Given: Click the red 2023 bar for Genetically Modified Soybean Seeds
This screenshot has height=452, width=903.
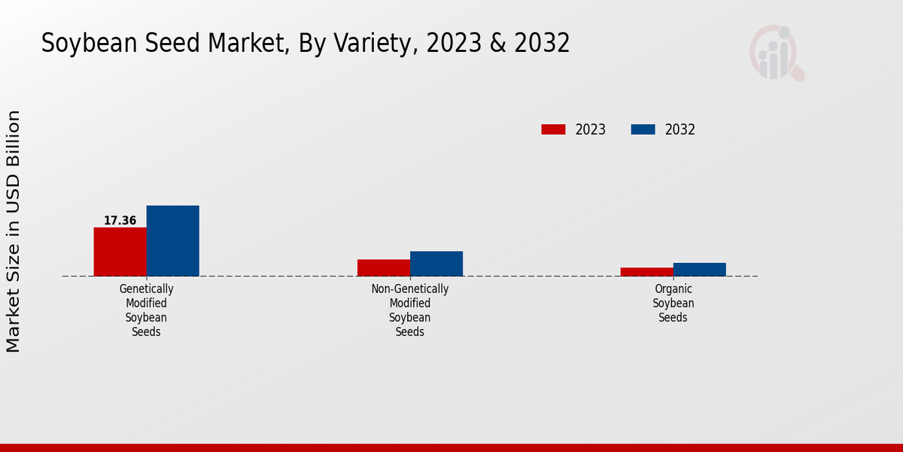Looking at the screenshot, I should click(x=120, y=252).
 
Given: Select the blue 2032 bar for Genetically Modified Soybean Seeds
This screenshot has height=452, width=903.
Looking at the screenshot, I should click(x=172, y=240).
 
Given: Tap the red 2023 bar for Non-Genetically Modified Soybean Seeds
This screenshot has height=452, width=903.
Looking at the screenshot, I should click(x=383, y=267).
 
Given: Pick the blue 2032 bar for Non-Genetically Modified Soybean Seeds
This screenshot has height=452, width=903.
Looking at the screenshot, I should click(x=436, y=264).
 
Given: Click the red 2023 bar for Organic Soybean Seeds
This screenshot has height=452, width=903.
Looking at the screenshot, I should click(x=646, y=272).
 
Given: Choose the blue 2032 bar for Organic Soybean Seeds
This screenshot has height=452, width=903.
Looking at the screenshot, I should click(x=699, y=269).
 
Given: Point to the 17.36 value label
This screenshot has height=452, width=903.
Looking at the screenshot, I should click(x=120, y=221).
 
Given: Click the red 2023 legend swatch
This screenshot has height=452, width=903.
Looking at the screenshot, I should click(x=553, y=130).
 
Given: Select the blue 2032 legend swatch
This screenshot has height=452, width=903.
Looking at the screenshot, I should click(x=643, y=130).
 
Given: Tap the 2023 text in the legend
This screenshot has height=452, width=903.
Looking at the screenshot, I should click(x=590, y=130).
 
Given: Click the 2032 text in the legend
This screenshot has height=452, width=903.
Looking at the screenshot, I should click(x=680, y=130).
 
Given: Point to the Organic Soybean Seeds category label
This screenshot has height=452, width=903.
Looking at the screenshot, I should click(x=673, y=303).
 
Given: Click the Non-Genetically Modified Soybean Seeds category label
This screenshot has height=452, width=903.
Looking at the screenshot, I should click(x=409, y=310).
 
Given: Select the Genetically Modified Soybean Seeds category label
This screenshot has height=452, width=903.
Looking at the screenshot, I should click(x=146, y=310).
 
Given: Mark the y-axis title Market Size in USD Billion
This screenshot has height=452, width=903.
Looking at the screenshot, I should click(x=14, y=231).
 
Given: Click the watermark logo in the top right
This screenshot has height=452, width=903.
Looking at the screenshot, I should click(x=776, y=53).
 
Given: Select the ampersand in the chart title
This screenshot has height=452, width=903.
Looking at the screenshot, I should click(x=497, y=44).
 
